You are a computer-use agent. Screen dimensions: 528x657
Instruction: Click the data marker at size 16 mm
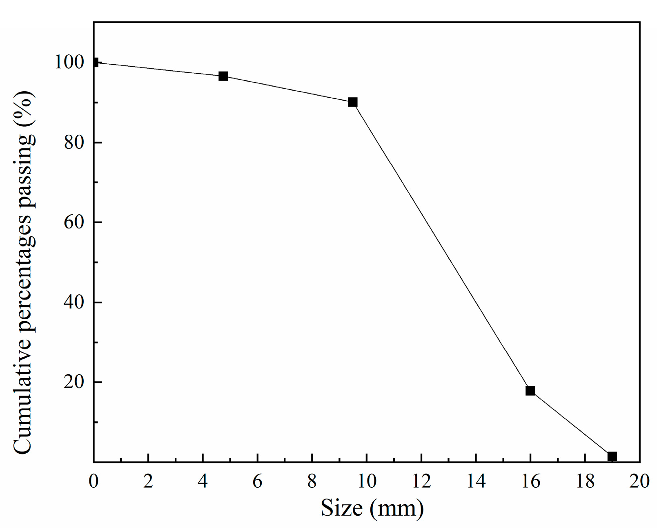tap(530, 391)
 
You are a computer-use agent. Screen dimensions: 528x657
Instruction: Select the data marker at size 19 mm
tap(612, 456)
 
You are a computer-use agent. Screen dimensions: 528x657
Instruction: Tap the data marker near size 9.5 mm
tap(352, 102)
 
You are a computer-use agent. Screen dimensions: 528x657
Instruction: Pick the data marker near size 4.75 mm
tap(223, 76)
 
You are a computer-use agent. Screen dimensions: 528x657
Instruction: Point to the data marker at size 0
tap(94, 63)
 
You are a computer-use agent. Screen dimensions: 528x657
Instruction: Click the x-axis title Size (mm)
tap(372, 508)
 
